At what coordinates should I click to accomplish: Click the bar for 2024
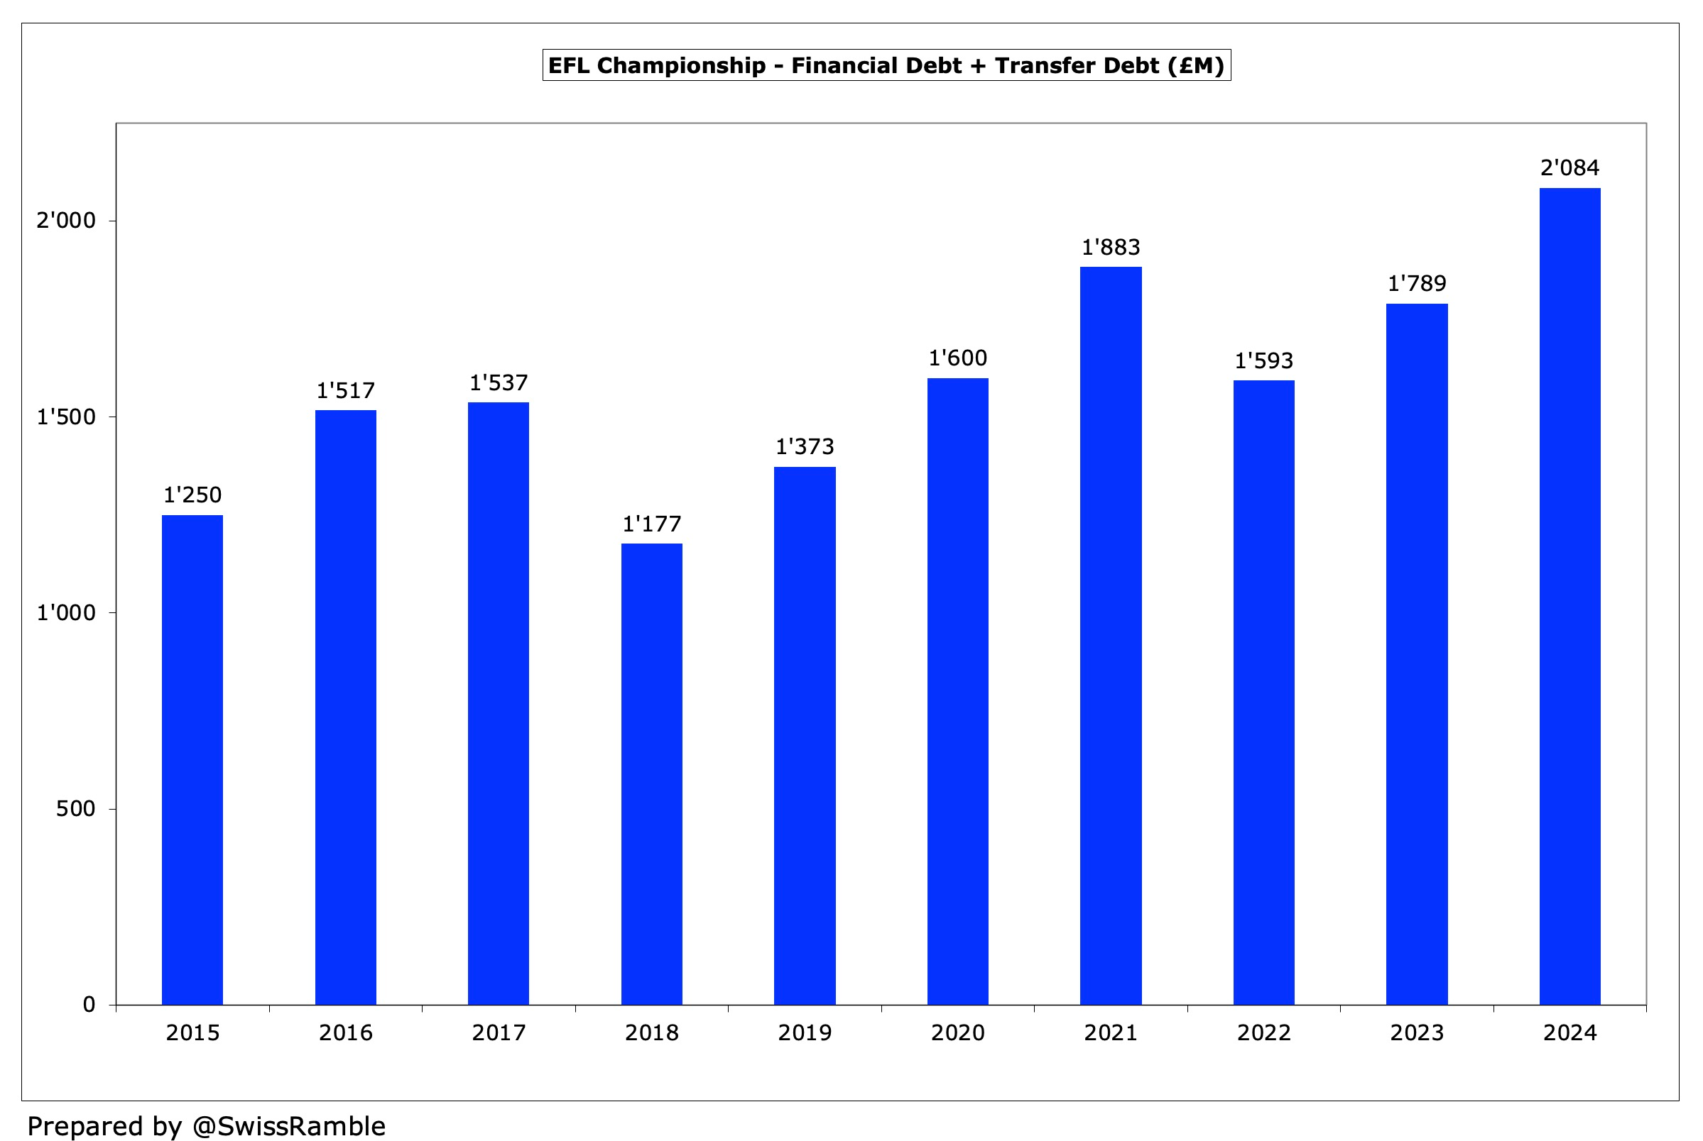[1569, 596]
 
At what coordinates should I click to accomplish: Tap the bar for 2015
[192, 760]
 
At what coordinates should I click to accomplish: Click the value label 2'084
[1569, 168]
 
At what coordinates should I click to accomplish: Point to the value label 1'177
[651, 524]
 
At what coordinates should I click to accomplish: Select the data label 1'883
[1110, 248]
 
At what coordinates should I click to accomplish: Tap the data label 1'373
[805, 447]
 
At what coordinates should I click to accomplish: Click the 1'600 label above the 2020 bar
[957, 358]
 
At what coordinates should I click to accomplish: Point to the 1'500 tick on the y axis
[66, 417]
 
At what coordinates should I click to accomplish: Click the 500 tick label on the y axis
[76, 808]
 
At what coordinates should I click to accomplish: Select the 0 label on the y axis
[89, 1005]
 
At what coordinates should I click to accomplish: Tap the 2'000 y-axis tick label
[66, 221]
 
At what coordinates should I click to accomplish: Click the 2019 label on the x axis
[805, 1032]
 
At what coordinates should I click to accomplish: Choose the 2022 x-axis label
[1263, 1032]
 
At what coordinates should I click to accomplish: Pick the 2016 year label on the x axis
[345, 1032]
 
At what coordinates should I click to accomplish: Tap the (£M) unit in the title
[1196, 65]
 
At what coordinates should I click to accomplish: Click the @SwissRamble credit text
[288, 1125]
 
